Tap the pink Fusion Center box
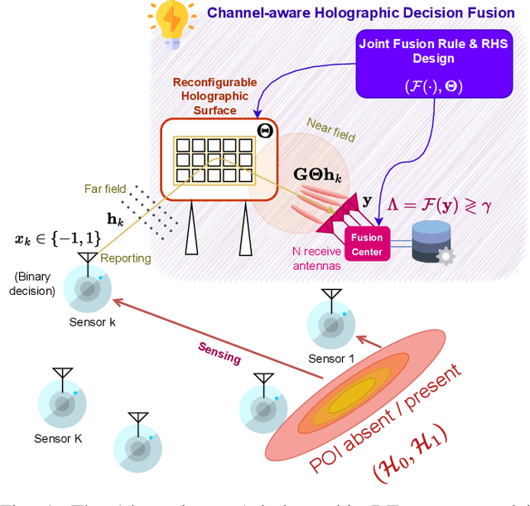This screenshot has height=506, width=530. click(x=366, y=244)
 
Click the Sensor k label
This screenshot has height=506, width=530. click(x=93, y=323)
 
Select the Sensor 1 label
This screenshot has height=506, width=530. click(x=331, y=359)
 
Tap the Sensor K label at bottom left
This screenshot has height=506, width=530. click(x=59, y=438)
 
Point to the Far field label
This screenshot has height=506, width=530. click(x=105, y=189)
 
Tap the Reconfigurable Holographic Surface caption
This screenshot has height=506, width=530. click(x=216, y=96)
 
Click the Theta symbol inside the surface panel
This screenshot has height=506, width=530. click(x=264, y=131)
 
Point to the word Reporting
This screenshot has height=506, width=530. click(x=126, y=258)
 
